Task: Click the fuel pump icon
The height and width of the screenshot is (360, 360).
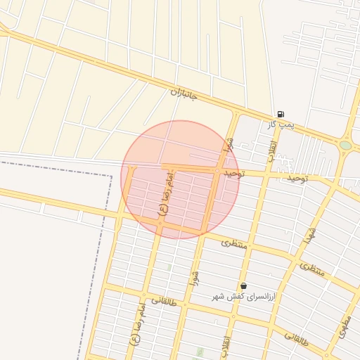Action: click(x=281, y=114)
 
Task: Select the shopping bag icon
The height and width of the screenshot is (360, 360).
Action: click(x=243, y=286)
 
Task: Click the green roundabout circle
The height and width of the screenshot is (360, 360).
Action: click(x=345, y=146)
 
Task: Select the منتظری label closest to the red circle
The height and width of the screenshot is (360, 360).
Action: click(x=235, y=243)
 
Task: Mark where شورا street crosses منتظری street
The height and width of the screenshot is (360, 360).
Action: click(x=204, y=233)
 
